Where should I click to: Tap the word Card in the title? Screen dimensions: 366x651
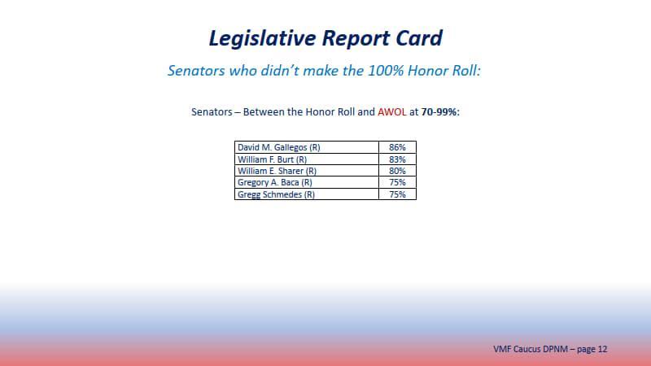tap(414, 38)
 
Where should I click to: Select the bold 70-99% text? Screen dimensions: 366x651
tap(440, 111)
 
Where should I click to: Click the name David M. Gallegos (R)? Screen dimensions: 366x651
tap(275, 147)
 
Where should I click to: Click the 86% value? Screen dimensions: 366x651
tap(397, 147)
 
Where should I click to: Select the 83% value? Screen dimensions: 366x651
tap(397, 159)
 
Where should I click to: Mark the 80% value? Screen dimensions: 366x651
tap(397, 171)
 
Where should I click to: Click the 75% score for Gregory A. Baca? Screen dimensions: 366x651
tap(397, 183)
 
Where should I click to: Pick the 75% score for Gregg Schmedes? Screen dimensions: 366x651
tap(397, 194)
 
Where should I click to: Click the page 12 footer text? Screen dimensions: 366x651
tap(591, 349)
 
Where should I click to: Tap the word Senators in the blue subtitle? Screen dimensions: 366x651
tap(199, 71)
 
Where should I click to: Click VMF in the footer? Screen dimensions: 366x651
tap(503, 349)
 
